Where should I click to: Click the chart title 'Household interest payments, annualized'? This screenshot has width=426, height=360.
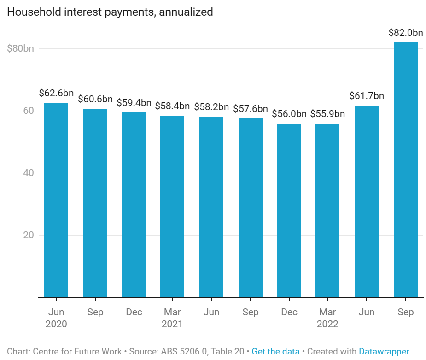click(x=110, y=12)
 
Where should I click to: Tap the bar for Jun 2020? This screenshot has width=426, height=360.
click(x=56, y=200)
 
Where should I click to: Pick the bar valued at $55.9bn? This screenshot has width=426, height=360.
click(x=328, y=210)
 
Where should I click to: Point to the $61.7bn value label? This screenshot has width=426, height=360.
click(x=367, y=96)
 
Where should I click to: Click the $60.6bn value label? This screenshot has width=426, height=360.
click(x=95, y=99)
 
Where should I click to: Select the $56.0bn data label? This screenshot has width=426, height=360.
click(x=289, y=114)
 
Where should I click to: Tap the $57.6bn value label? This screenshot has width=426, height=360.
click(x=251, y=109)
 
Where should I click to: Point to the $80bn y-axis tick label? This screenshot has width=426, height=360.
click(x=20, y=48)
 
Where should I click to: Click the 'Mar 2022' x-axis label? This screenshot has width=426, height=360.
click(x=328, y=318)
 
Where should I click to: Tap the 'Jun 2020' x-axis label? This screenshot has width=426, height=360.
click(x=56, y=318)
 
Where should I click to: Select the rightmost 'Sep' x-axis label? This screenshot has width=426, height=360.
click(x=405, y=312)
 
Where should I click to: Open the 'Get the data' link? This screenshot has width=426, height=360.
click(x=275, y=352)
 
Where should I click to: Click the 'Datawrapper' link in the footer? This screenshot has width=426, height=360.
click(x=384, y=352)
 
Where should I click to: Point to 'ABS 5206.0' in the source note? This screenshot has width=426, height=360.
click(x=184, y=352)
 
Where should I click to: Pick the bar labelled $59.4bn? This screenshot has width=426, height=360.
click(x=134, y=205)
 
